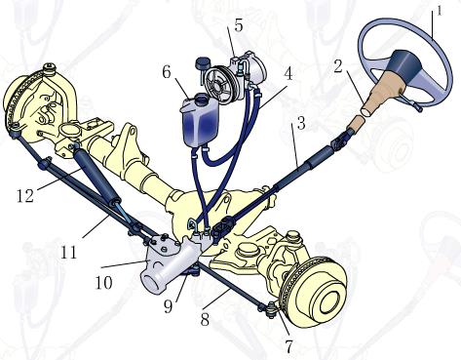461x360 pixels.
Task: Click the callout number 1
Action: [x=439, y=11]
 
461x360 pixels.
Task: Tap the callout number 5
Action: [x=239, y=25]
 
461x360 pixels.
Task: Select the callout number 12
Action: [x=25, y=196]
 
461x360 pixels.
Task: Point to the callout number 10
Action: [x=104, y=282]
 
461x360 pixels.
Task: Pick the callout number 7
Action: [x=289, y=346]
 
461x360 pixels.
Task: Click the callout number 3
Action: [x=301, y=123]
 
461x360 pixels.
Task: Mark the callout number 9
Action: [x=168, y=306]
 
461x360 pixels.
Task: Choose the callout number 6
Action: [x=167, y=72]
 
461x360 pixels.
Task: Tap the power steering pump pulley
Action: [x=219, y=82]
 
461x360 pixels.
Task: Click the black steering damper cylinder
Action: [x=96, y=176]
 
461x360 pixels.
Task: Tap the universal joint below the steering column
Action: [x=342, y=138]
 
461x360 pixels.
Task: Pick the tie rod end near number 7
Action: [x=270, y=309]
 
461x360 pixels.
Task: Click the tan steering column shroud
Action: [x=381, y=99]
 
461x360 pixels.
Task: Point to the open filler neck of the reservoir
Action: [x=202, y=98]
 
